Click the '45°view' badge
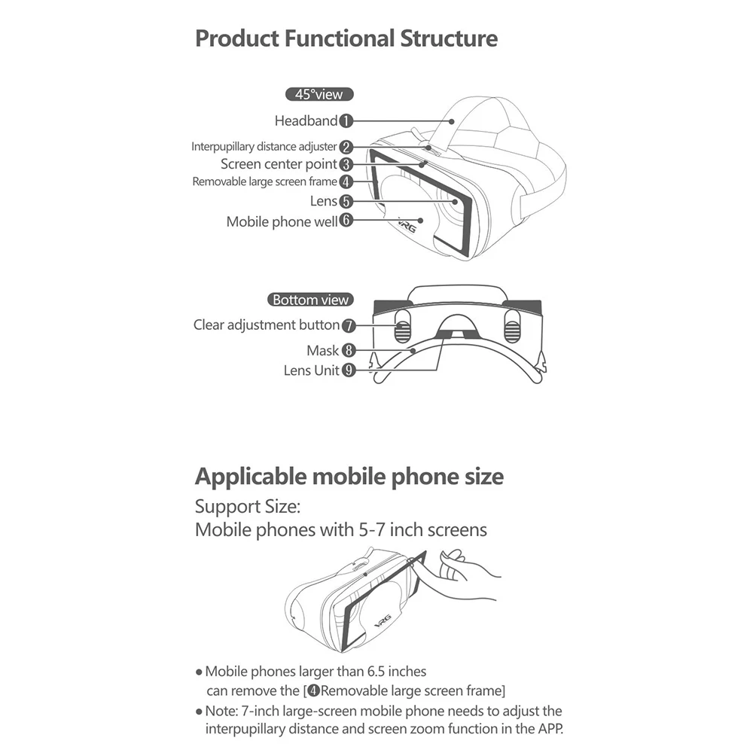[320, 95]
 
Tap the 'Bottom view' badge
[310, 300]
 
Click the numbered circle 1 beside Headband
[346, 120]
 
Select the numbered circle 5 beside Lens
[346, 201]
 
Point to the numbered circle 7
[349, 325]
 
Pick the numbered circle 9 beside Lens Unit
[349, 370]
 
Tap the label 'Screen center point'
[279, 163]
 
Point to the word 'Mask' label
[322, 350]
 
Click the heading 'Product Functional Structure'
[346, 38]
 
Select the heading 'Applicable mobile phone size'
[349, 477]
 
